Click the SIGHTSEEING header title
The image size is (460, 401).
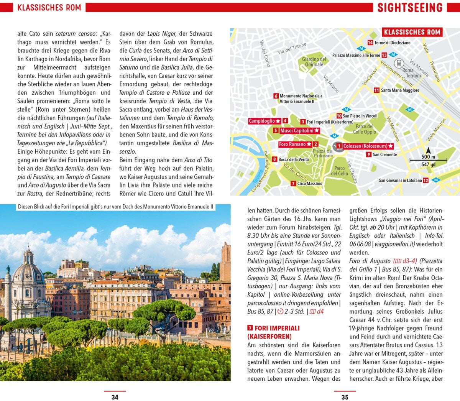point(410,8)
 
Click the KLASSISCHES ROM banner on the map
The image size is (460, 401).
point(412,32)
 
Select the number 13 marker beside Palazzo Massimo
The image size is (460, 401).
point(384,55)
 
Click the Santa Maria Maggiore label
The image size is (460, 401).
point(400,90)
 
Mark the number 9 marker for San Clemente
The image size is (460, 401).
point(369,154)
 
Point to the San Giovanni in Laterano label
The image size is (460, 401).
point(400,180)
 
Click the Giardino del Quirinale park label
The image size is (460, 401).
point(314,62)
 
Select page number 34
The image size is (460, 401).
point(115,397)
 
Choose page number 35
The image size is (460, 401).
point(345,397)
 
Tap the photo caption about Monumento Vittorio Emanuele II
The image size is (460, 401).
point(115,207)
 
